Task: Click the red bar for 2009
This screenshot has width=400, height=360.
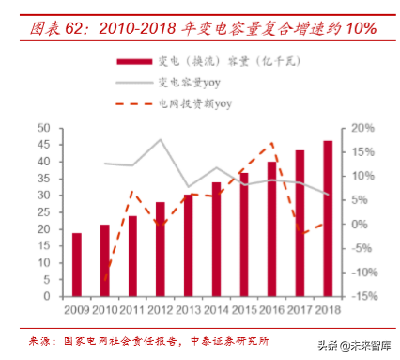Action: pos(77,265)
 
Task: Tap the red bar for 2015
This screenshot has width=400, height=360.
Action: pos(243,235)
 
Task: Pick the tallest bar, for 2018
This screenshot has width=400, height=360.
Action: pos(327,219)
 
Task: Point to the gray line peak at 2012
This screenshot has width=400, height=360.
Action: pos(161,140)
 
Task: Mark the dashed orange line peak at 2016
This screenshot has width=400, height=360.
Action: pos(272,144)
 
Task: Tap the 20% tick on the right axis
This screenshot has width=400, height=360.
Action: pos(363,128)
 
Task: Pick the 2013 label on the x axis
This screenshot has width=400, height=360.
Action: pos(188,308)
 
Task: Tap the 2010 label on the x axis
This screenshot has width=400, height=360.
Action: pos(105,308)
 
